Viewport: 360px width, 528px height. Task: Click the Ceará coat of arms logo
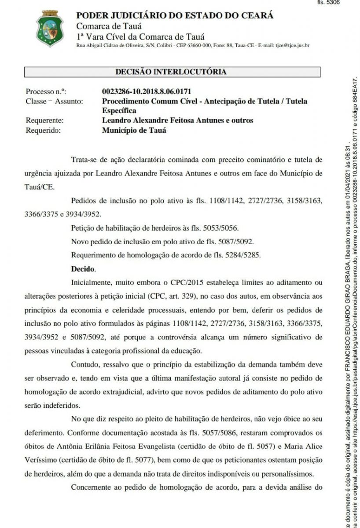point(50,29)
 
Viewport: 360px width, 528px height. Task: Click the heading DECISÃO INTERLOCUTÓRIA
point(171,71)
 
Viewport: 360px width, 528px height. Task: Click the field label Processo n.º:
point(46,92)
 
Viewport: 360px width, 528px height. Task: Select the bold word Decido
point(83,268)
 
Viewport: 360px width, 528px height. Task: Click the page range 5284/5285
point(242,255)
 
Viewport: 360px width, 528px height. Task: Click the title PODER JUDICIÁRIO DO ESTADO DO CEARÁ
point(175,15)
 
